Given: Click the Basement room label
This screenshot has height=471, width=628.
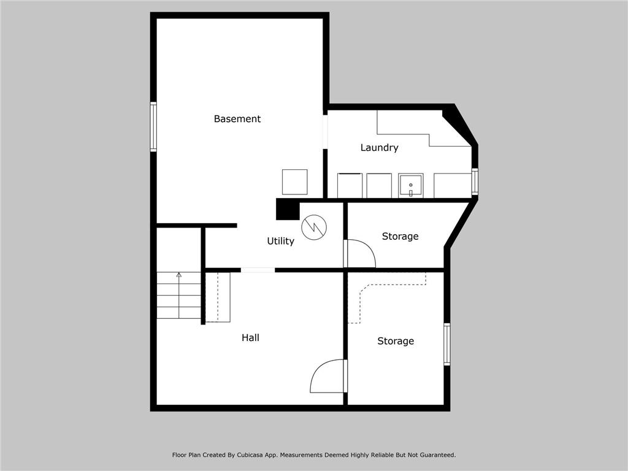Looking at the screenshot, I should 237,119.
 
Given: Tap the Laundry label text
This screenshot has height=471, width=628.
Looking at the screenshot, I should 379,148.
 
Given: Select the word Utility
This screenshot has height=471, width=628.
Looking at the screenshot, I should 280,242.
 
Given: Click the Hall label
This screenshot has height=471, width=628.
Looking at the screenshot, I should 250,338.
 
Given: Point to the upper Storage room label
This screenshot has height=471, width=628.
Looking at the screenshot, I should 400,237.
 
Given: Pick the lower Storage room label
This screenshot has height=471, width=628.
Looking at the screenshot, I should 396,342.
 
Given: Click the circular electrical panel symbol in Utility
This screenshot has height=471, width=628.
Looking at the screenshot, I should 314,228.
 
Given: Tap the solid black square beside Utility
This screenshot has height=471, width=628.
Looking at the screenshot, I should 286,209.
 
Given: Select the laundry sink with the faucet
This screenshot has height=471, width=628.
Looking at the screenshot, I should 410,185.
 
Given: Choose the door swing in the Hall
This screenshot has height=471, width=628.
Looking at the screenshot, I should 327,377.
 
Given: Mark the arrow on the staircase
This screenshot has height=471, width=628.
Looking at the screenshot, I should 178,275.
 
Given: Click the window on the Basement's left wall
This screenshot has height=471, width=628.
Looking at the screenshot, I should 153,126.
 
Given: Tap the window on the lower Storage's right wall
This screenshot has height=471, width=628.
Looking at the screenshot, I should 447,344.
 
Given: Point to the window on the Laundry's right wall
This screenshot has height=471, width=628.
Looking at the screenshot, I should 475,182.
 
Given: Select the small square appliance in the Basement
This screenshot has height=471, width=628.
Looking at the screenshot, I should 294,182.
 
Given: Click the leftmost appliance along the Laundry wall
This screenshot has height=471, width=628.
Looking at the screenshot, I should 350,186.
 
